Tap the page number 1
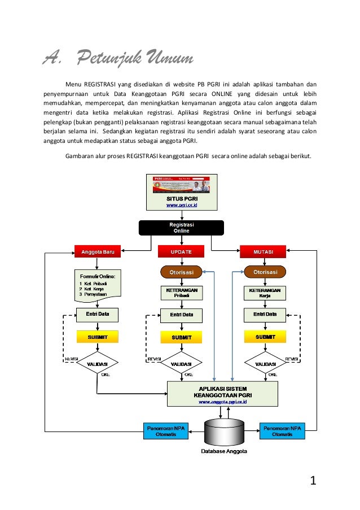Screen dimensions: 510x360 [314, 481]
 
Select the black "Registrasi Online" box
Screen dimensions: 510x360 [181, 227]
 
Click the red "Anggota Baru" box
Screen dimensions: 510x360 [98, 251]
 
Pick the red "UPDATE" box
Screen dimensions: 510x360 [181, 251]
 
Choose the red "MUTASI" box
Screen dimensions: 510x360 [263, 251]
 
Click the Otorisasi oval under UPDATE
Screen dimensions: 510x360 [182, 272]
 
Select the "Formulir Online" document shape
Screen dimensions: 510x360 [98, 285]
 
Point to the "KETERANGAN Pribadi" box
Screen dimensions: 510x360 [181, 292]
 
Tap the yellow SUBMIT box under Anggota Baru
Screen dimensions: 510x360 [98, 337]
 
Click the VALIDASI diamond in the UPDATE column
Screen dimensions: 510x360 [181, 364]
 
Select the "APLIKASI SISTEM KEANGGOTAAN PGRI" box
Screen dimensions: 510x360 [222, 393]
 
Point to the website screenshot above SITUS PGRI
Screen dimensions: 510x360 [181, 185]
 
